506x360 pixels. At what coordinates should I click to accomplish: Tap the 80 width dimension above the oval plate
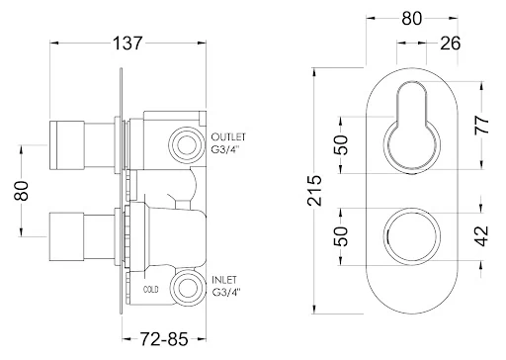[409, 19]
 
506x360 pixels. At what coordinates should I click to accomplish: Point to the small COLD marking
[151, 291]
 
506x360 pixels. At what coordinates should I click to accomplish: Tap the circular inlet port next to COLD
[184, 289]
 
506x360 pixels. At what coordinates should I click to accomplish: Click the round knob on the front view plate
[409, 235]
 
